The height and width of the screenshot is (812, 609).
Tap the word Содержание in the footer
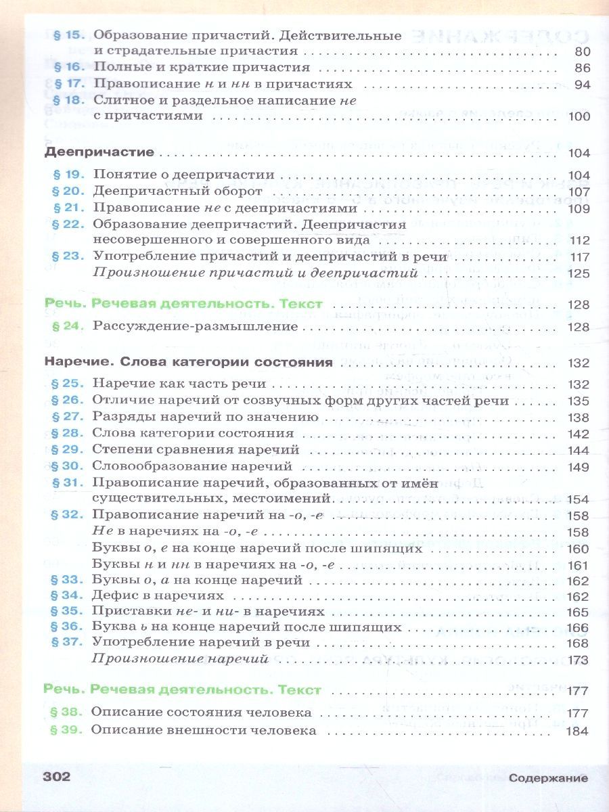point(549,778)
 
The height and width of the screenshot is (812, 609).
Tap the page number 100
point(579,117)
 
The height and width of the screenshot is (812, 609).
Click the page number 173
point(579,658)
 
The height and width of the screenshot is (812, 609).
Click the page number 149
point(579,466)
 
